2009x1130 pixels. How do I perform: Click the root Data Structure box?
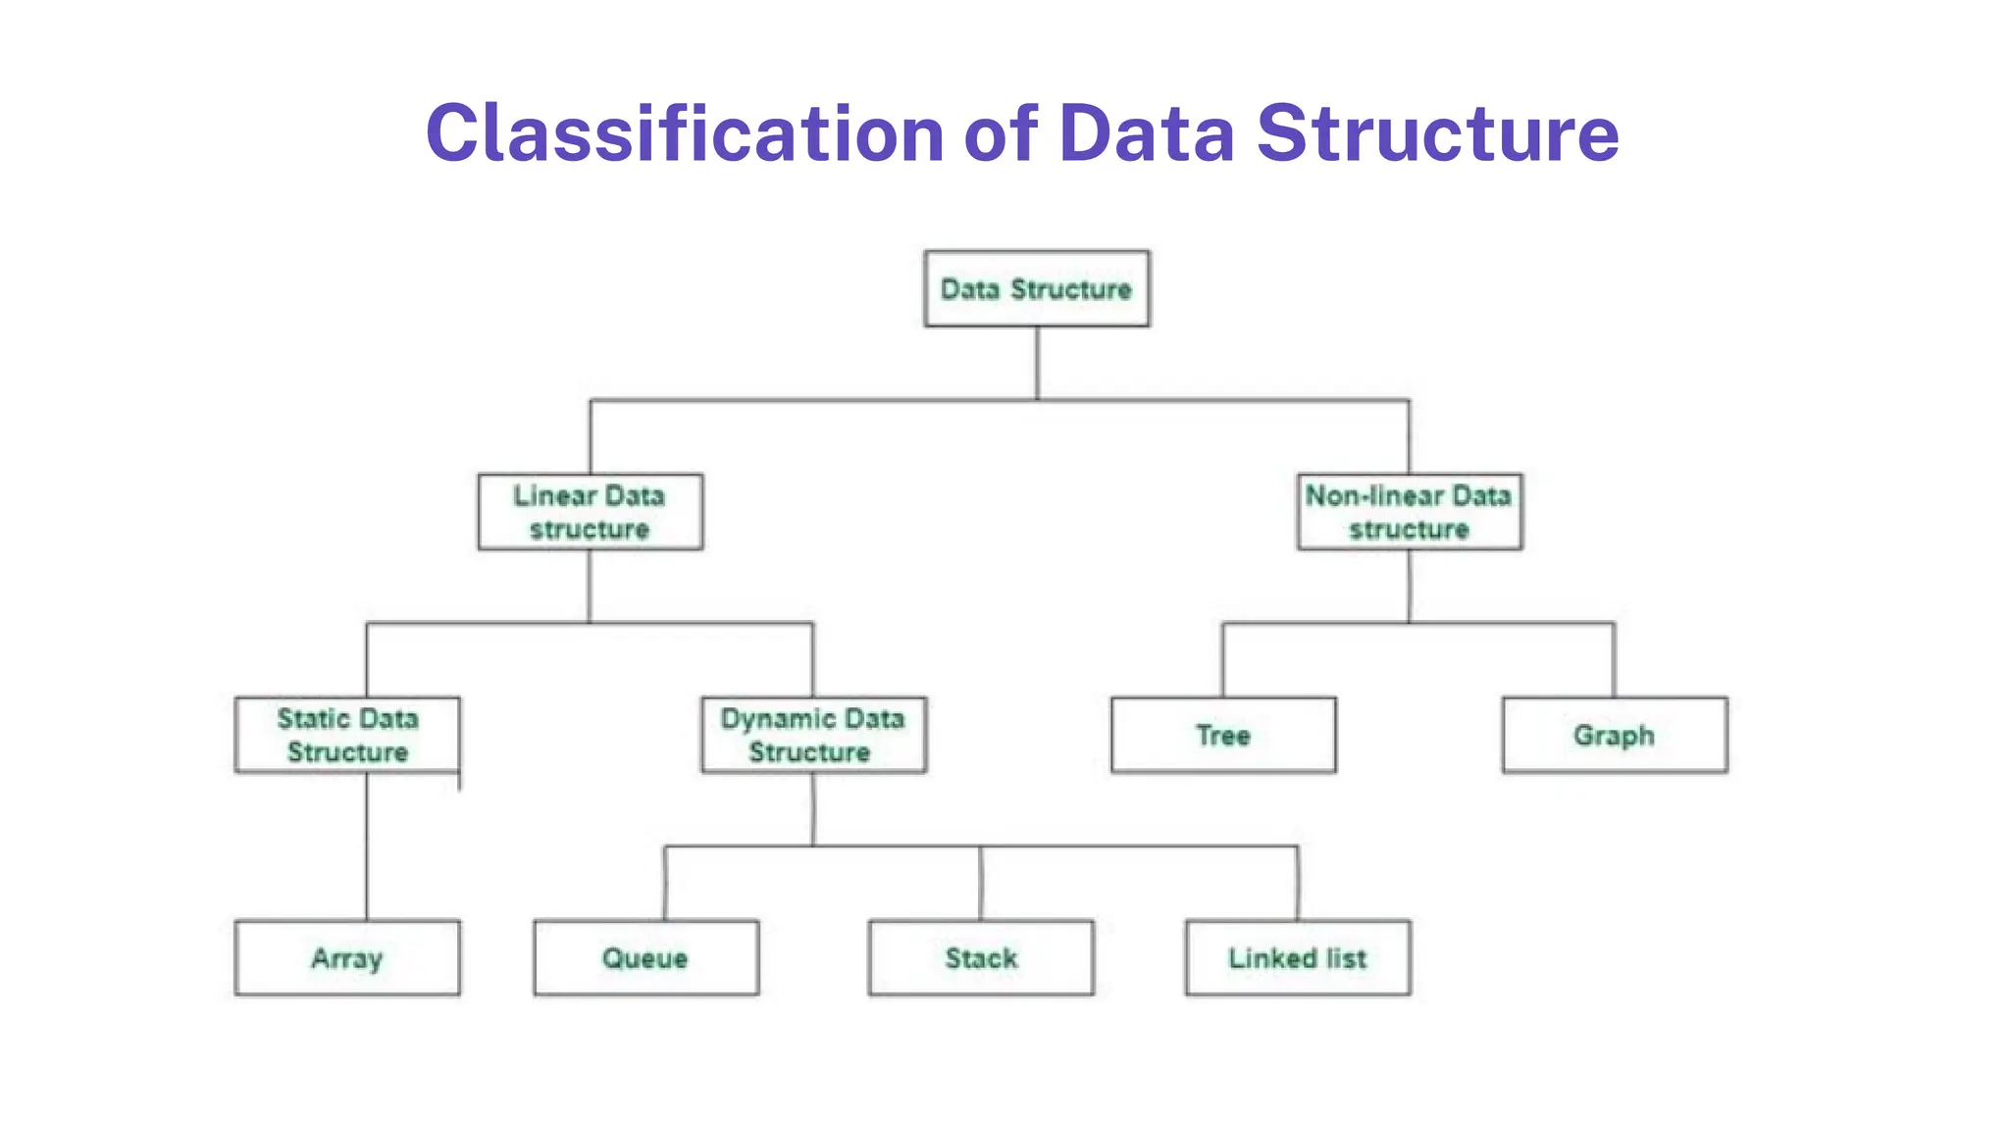tap(1037, 288)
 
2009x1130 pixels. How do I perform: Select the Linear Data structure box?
tap(590, 512)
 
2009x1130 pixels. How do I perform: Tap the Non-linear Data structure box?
tap(1409, 512)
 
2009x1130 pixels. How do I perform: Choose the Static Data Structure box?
tap(347, 735)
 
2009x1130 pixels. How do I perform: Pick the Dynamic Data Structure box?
tap(813, 735)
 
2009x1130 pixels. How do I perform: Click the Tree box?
tap(1223, 735)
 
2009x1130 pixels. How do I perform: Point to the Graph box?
tap(1614, 735)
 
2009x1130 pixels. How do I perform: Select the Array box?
tap(347, 957)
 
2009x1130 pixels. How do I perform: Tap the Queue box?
tap(645, 957)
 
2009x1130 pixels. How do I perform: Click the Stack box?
tap(981, 957)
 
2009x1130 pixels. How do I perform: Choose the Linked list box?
tap(1298, 957)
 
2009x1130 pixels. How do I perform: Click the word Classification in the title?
tap(685, 133)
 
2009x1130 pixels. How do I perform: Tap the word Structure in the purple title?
tap(1437, 133)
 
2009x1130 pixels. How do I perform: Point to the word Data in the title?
tap(1146, 133)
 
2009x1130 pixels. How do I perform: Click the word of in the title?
tap(1001, 133)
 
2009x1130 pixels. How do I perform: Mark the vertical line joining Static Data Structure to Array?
tap(367, 846)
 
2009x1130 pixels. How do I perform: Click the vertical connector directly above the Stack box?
tap(980, 883)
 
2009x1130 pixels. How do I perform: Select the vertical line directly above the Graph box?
tap(1614, 660)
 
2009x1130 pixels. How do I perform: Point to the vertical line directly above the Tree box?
tap(1222, 660)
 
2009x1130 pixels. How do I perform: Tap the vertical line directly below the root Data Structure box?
tap(1037, 363)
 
